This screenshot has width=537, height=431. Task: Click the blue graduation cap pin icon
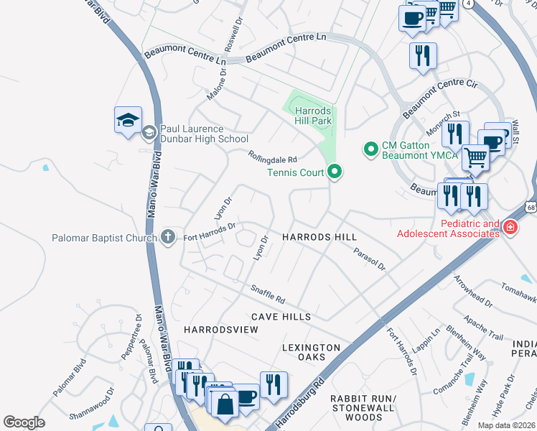(128, 120)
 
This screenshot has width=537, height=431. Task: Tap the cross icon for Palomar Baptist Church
(168, 236)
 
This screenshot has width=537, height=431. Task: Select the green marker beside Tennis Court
(334, 172)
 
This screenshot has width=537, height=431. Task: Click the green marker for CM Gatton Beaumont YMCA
(371, 149)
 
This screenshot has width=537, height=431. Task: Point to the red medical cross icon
(510, 228)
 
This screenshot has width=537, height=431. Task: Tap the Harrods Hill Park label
(314, 116)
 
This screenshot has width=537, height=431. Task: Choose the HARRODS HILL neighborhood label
(319, 236)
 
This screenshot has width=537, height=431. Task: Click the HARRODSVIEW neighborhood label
(220, 329)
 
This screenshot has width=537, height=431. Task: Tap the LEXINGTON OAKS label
(311, 353)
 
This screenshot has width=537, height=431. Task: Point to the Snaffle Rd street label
(268, 295)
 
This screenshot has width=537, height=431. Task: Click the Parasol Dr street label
(369, 259)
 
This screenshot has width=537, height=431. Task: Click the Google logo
(24, 422)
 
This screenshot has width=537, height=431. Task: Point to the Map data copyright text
(506, 425)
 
